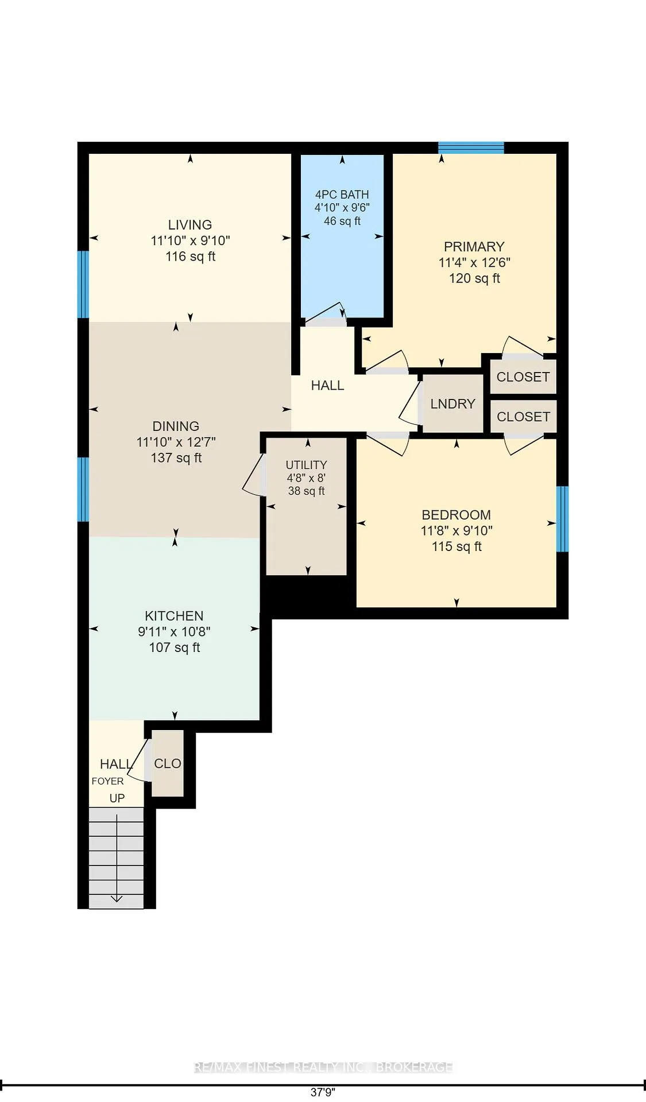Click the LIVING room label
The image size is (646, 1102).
point(189,225)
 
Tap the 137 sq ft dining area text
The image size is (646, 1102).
point(176,458)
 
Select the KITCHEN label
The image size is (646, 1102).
point(174,616)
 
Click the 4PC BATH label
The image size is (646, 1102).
point(342,195)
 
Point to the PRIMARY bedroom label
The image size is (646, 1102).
point(474,247)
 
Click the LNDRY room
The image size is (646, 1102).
point(452,404)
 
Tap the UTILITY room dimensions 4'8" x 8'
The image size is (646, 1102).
point(306,478)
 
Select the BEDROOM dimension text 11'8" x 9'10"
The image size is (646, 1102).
point(457,531)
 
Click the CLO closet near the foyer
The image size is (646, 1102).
point(168,763)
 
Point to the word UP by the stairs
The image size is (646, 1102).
point(117,798)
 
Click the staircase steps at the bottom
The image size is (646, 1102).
point(116,857)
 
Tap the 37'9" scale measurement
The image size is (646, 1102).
point(323,1092)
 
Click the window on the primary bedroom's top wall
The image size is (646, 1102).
point(471,148)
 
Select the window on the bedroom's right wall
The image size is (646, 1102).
point(562,519)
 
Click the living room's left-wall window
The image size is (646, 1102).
point(83,284)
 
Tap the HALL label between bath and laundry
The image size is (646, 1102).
point(327,386)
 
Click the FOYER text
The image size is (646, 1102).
point(107,781)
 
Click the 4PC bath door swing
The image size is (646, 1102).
point(325,313)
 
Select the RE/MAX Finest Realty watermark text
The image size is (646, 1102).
point(323,1068)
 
